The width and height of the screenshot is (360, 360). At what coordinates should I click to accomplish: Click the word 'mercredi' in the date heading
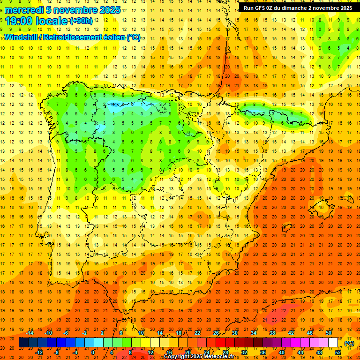point(23,10)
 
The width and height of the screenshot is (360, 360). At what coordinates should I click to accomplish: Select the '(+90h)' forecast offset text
point(81,21)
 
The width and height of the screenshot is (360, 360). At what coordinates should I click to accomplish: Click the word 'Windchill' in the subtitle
point(20,37)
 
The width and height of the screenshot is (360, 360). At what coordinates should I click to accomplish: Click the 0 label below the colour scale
point(93,352)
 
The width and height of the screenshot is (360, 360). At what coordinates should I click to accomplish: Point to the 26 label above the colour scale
point(216,333)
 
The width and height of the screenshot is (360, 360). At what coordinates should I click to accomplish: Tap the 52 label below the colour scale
point(338,352)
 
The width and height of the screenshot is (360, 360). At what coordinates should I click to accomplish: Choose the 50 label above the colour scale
point(329,333)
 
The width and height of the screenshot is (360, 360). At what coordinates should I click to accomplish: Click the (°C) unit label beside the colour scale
point(349,343)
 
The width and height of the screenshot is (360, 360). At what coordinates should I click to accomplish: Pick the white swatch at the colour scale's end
point(333,343)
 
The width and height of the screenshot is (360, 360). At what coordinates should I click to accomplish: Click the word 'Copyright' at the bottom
point(176,357)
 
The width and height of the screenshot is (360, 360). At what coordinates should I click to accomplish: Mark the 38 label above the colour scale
point(272,333)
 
